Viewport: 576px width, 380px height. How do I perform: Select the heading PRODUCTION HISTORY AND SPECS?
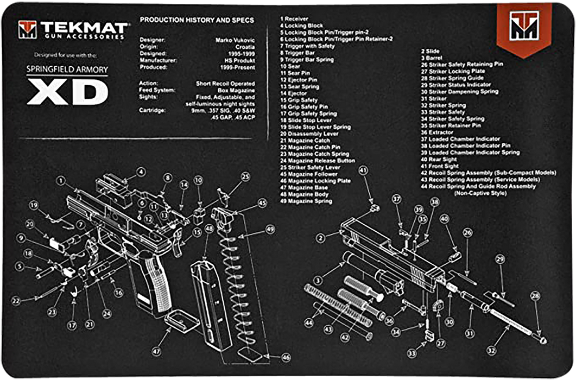(197, 20)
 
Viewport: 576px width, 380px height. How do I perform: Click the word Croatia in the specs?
(243, 47)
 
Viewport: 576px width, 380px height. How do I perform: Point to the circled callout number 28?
(536, 296)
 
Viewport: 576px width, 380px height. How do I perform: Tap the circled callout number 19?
(34, 205)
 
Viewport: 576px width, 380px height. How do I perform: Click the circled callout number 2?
(320, 237)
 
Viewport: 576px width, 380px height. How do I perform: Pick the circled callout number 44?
(309, 322)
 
